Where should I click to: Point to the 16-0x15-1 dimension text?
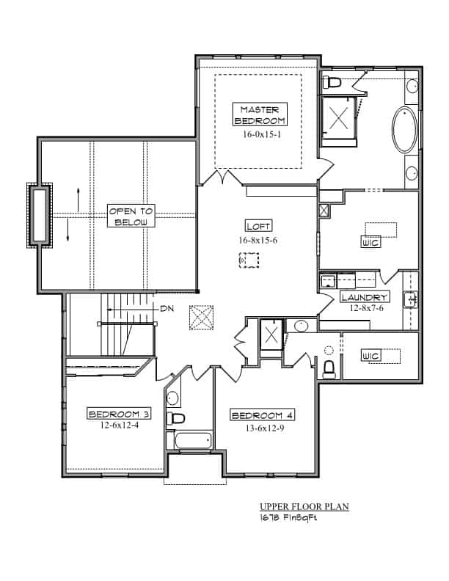click(258, 135)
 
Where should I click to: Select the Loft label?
click(258, 227)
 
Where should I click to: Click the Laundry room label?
click(365, 297)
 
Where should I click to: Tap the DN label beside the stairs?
click(167, 310)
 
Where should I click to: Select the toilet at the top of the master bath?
click(331, 81)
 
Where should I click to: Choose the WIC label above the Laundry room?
click(370, 242)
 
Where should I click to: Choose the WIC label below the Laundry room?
click(370, 356)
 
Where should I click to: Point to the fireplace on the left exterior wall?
click(39, 215)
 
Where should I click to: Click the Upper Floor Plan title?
click(303, 506)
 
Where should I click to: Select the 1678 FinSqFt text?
click(286, 517)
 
